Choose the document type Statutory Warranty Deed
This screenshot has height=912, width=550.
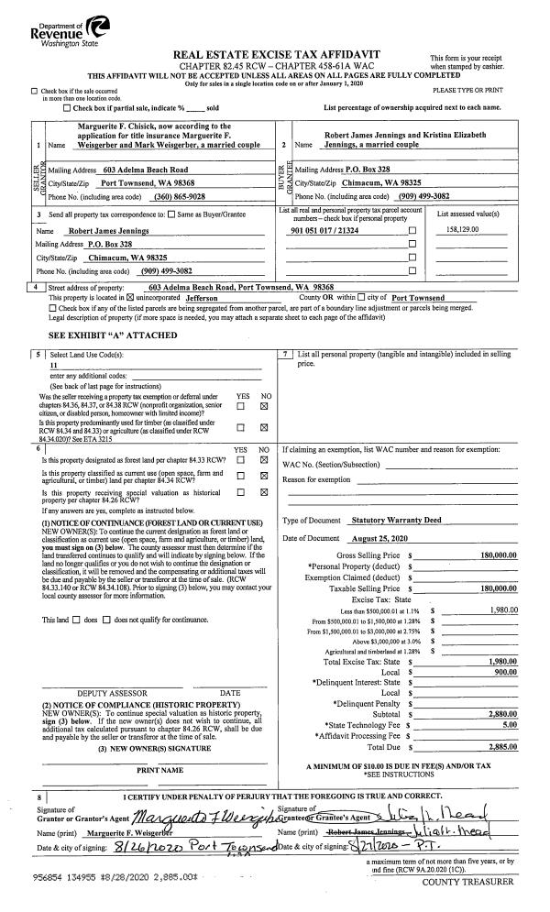[x=396, y=520]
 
